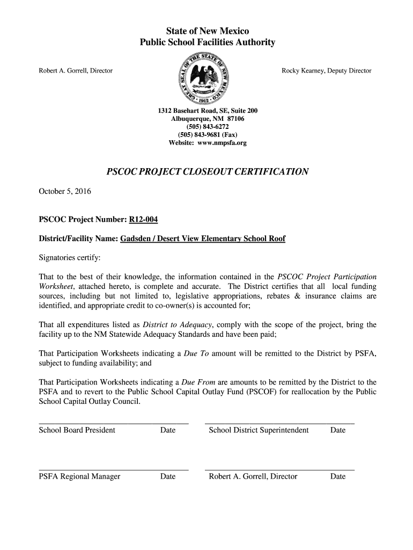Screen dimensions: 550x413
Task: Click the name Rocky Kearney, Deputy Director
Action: [327, 70]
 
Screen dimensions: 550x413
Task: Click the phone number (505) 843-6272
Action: [207, 127]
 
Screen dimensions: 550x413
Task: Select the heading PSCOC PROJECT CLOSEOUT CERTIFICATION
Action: [208, 172]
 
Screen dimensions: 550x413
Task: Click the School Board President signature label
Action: [77, 430]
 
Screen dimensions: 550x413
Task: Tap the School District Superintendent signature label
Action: [259, 430]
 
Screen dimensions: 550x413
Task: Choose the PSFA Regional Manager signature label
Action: [79, 476]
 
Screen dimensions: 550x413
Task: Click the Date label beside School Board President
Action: [168, 430]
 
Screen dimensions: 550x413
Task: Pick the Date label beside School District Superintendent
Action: [338, 430]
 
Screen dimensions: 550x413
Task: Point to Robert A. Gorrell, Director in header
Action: [74, 70]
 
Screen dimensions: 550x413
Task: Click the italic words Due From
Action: [198, 382]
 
